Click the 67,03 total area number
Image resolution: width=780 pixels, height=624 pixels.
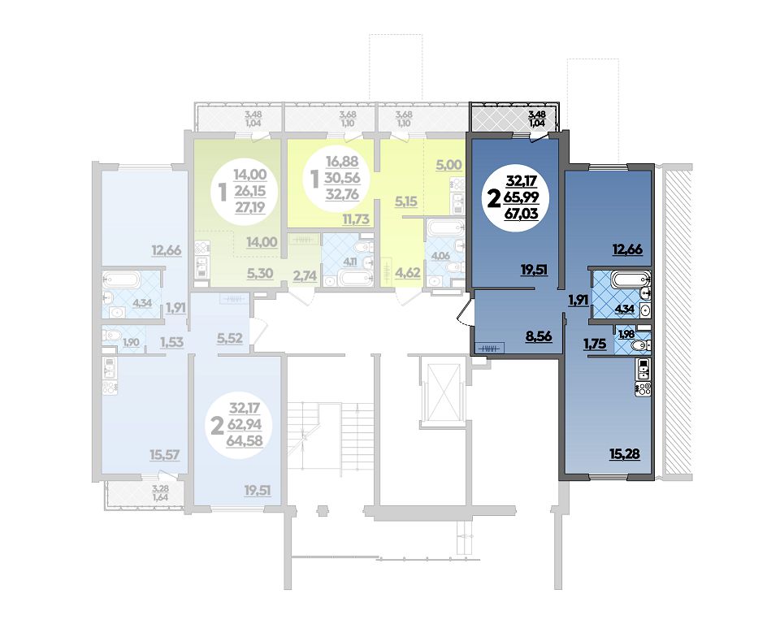coord(522,214)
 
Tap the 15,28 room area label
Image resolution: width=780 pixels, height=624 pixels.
coord(624,454)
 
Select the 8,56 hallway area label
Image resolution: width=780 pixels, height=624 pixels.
coord(539,336)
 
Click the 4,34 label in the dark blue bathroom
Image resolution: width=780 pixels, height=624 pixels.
coord(624,309)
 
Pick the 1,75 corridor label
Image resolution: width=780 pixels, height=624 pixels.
coord(595,343)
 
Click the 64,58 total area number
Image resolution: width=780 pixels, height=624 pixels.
coord(245,440)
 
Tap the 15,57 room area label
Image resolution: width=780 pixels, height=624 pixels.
coord(165,454)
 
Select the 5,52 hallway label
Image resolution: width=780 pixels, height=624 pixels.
coord(229,338)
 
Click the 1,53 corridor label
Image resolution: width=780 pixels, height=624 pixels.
coord(171,342)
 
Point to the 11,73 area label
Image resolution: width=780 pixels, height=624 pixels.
coord(355,219)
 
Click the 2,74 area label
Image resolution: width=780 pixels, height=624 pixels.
coord(305,275)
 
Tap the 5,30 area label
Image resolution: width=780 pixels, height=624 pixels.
coord(260,273)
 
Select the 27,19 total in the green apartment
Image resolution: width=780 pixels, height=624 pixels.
coord(250,207)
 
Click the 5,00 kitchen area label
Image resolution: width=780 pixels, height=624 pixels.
coord(448,165)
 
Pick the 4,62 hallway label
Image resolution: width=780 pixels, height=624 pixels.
coord(407,273)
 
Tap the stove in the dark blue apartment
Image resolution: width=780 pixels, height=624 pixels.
coord(643,388)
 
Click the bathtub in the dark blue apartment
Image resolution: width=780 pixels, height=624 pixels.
coord(629,279)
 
